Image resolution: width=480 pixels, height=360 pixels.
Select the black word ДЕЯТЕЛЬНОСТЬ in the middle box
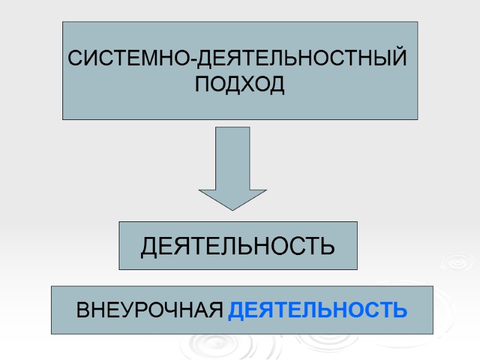coord(238,246)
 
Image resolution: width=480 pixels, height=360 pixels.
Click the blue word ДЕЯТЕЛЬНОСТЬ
coord(319,310)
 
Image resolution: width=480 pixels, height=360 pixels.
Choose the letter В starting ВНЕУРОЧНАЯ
coord(83,311)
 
